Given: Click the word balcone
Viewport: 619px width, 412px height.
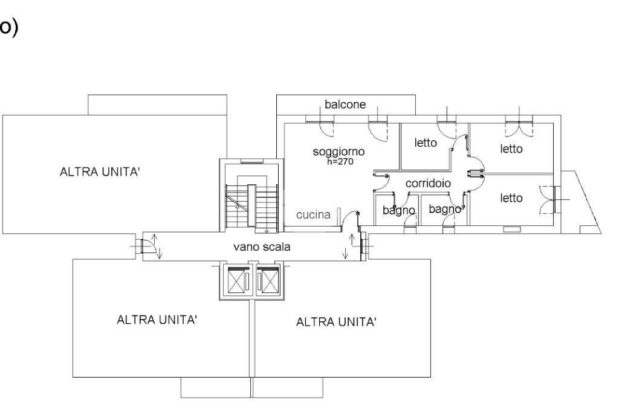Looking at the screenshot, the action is click(x=345, y=105).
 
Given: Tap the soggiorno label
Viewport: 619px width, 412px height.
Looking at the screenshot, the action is click(x=339, y=152).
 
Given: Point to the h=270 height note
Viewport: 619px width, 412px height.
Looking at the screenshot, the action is click(x=340, y=161).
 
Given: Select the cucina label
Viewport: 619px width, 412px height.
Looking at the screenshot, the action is click(x=313, y=214).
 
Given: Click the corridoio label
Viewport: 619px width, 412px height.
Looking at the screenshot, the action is click(x=428, y=184).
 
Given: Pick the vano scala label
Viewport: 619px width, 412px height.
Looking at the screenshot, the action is click(x=262, y=247).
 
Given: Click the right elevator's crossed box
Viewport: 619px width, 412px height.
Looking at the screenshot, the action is click(x=270, y=280).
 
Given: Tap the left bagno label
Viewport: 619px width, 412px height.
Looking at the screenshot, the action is click(x=399, y=210).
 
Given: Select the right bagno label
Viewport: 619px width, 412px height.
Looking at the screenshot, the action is click(x=445, y=209).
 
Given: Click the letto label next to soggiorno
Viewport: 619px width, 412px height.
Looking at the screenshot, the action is click(x=426, y=143).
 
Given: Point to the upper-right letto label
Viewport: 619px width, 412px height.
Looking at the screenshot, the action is click(x=511, y=149).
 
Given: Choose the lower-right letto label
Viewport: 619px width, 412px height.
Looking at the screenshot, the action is click(x=511, y=198).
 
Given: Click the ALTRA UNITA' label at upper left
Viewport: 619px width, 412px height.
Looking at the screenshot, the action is click(x=100, y=172).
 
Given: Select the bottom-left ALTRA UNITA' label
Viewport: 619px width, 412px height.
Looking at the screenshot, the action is click(x=157, y=320).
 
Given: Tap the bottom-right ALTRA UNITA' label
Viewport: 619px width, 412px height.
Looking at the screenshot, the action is click(x=336, y=322).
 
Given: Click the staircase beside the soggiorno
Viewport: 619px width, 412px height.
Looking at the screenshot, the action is click(x=252, y=205).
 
